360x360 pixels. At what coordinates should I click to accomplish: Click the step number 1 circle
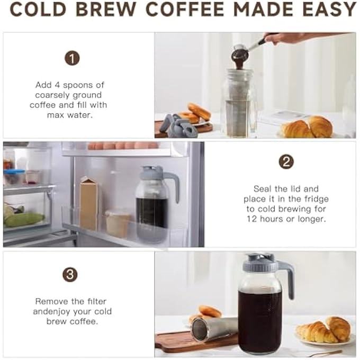pyautogui.click(x=72, y=58)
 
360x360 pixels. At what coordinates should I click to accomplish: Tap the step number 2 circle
pyautogui.click(x=286, y=162)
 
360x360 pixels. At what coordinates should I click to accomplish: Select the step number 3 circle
pyautogui.click(x=70, y=274)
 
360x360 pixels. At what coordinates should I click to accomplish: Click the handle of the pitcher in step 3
pyautogui.click(x=289, y=275)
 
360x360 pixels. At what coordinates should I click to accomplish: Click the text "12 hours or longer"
pyautogui.click(x=286, y=219)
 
